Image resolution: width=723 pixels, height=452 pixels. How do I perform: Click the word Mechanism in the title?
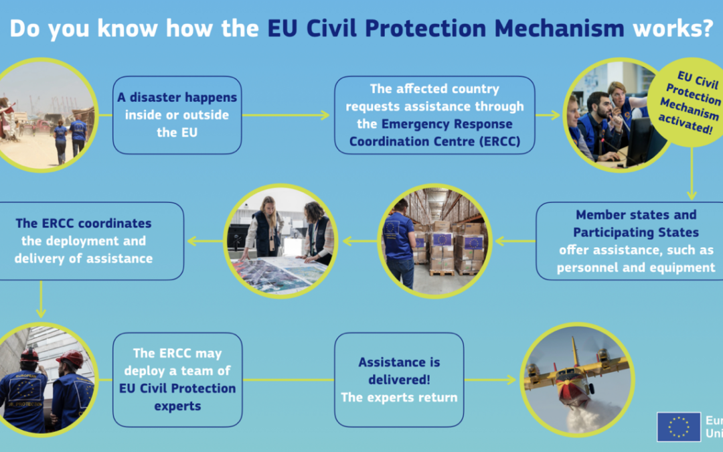tap(559, 28)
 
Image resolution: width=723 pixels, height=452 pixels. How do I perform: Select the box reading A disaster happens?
tap(177, 115)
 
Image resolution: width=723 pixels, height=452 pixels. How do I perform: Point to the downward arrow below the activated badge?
tap(691, 174)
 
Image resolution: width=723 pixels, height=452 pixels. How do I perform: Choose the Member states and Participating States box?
tap(630, 241)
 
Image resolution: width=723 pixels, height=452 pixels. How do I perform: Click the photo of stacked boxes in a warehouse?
tap(434, 241)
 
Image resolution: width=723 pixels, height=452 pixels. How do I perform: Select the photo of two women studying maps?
tap(280, 241)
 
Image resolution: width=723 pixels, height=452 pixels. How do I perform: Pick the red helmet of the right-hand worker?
tap(70, 358)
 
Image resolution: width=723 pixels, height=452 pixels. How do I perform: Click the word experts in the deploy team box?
tap(177, 406)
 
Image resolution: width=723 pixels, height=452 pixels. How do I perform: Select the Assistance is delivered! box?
tap(399, 380)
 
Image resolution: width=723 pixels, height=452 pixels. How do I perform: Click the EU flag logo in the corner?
tap(679, 427)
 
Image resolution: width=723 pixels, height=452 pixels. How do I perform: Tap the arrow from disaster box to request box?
tap(286, 115)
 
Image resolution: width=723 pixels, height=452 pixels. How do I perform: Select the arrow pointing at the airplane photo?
tap(489, 380)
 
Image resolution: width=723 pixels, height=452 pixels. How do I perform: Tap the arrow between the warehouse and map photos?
tap(359, 241)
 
